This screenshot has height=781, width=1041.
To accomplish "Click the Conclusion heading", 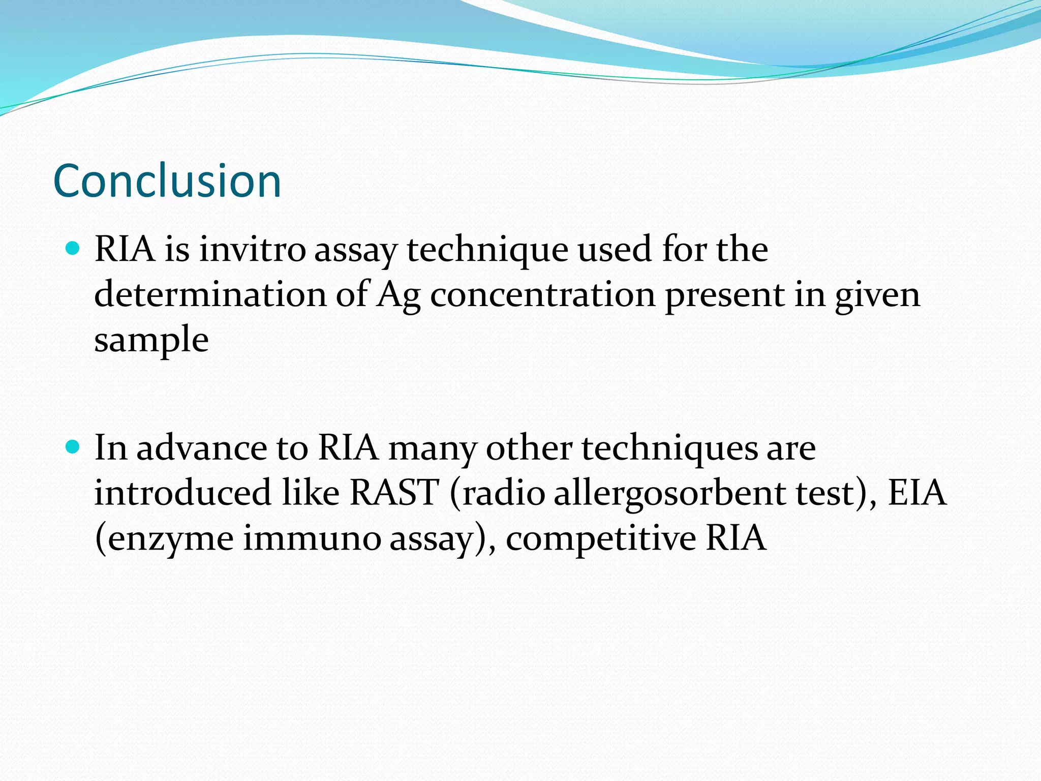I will pyautogui.click(x=167, y=181).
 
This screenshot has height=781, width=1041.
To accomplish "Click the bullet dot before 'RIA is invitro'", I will pyautogui.click(x=74, y=249).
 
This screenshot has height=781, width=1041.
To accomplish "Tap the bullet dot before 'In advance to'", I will pyautogui.click(x=74, y=447).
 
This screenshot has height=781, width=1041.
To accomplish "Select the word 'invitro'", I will pyautogui.click(x=252, y=250).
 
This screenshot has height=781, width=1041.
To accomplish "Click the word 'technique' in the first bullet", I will pyautogui.click(x=487, y=251).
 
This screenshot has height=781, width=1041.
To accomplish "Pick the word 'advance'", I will pyautogui.click(x=202, y=448).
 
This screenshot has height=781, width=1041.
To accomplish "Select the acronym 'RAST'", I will pyautogui.click(x=394, y=493).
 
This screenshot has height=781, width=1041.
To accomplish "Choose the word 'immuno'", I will pyautogui.click(x=312, y=538).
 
